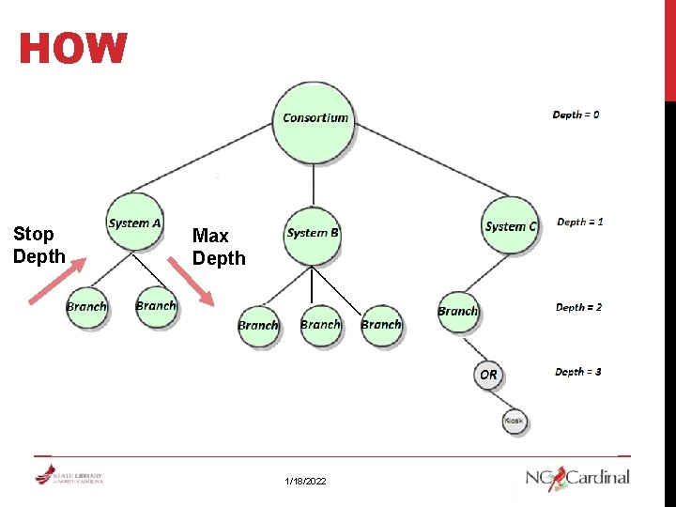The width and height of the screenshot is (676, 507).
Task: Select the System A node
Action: point(134,223)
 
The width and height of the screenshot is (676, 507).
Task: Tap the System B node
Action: point(313,232)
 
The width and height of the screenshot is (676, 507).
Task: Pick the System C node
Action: point(511,225)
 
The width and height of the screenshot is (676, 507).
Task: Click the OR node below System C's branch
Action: point(488,374)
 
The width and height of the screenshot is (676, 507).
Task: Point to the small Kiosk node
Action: point(514,422)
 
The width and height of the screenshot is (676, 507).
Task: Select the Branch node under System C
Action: point(458,311)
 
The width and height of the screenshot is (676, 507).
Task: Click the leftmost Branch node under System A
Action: point(87,307)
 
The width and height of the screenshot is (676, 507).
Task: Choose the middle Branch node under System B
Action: point(320,325)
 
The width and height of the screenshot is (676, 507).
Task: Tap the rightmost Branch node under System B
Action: point(381,325)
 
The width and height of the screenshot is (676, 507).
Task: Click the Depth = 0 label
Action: point(576,115)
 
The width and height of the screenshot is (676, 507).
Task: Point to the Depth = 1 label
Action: point(579,223)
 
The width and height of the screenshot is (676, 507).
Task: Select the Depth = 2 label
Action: point(578,307)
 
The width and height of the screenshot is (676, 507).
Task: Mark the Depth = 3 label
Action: point(577,372)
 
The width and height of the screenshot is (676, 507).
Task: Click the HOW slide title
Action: point(73,50)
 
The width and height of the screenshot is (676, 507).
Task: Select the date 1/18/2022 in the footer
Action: point(306,481)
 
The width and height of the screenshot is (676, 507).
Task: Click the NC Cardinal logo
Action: point(577,477)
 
